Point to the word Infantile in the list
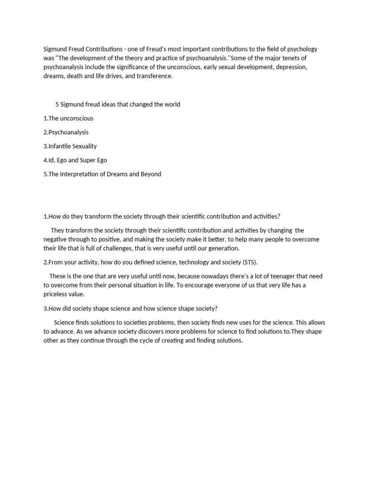62,146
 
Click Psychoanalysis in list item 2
69,132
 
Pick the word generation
222,248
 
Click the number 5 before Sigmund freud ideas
57,104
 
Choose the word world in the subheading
171,104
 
